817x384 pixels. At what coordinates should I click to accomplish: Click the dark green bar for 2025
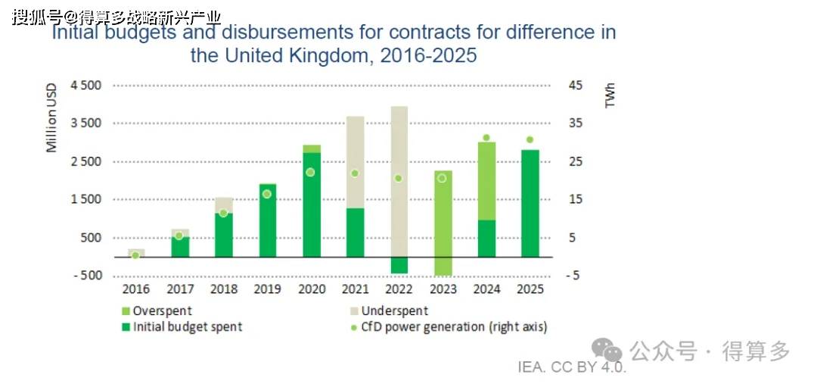click(x=530, y=204)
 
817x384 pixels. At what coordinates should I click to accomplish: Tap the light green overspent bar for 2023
click(x=443, y=223)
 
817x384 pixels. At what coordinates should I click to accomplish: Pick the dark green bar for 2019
click(x=267, y=220)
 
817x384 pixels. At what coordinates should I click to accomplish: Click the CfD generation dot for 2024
click(x=486, y=138)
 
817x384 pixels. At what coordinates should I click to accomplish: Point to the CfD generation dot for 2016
click(x=135, y=255)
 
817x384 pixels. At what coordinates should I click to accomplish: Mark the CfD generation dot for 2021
click(x=355, y=173)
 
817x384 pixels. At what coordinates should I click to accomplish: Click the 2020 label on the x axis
click(x=311, y=289)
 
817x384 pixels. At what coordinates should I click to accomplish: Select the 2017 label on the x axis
click(x=180, y=289)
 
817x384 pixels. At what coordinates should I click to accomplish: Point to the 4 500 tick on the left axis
click(x=86, y=86)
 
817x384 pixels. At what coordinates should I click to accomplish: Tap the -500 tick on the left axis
click(x=88, y=276)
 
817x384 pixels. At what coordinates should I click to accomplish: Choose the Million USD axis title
click(x=51, y=117)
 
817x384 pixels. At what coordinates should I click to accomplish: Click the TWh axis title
click(x=610, y=95)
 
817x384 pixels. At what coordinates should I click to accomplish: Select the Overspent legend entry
click(x=157, y=311)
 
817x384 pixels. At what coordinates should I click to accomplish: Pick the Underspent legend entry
click(x=390, y=311)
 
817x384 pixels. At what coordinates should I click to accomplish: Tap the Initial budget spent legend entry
click(x=182, y=327)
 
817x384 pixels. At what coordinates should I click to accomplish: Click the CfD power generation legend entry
click(x=449, y=327)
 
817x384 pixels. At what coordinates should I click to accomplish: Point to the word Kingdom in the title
click(x=331, y=55)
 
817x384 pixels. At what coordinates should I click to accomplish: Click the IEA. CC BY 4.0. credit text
click(x=572, y=367)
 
